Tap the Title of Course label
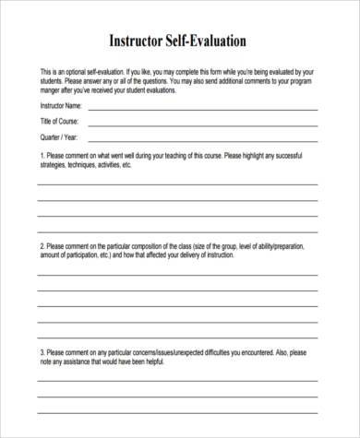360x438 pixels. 59,121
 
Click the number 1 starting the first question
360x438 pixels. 41,155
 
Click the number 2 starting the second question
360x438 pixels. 41,247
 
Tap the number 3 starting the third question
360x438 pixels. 41,351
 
